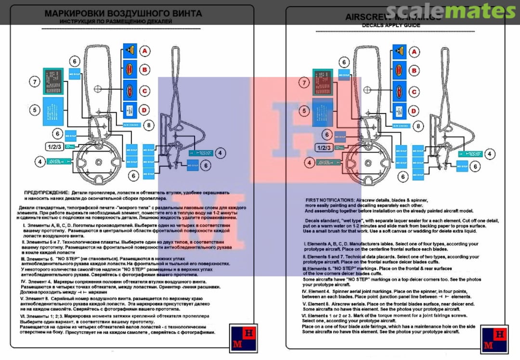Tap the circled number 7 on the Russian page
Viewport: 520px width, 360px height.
[35, 82]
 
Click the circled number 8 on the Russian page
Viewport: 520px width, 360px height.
[150, 126]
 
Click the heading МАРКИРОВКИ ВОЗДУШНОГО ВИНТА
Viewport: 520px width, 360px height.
[123, 13]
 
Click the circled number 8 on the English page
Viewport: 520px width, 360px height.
[419, 126]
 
